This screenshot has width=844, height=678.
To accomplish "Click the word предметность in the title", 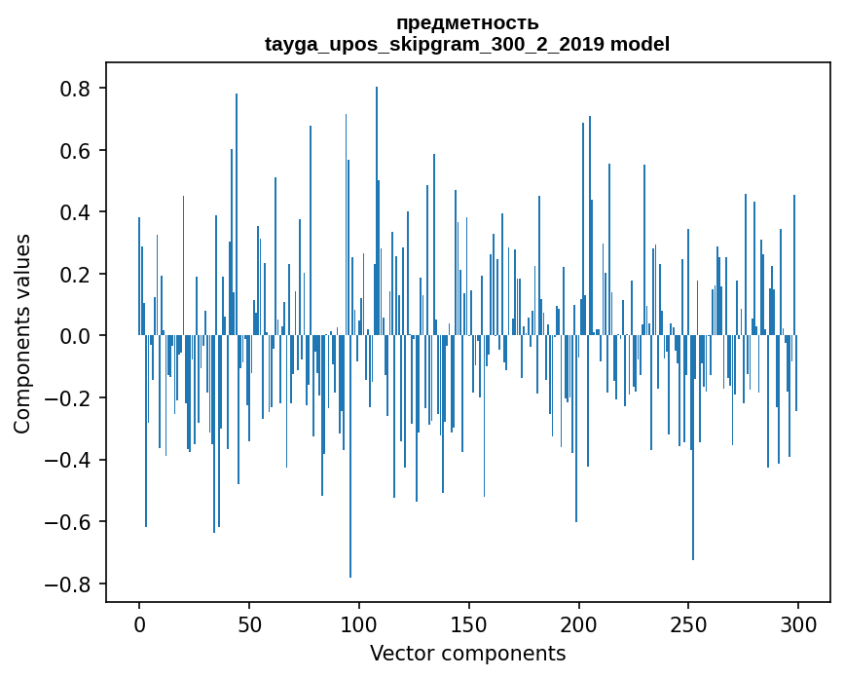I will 467,23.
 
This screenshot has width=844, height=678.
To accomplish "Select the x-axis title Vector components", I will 467,653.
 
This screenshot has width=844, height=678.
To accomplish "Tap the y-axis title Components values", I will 22,334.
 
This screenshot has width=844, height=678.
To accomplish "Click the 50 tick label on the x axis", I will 249,623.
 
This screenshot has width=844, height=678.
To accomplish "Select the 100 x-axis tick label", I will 359,623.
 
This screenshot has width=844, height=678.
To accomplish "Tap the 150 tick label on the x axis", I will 469,623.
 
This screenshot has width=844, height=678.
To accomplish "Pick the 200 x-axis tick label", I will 579,623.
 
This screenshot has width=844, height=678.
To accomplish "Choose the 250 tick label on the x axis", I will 689,623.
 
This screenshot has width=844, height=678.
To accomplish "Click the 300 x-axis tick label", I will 798,623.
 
